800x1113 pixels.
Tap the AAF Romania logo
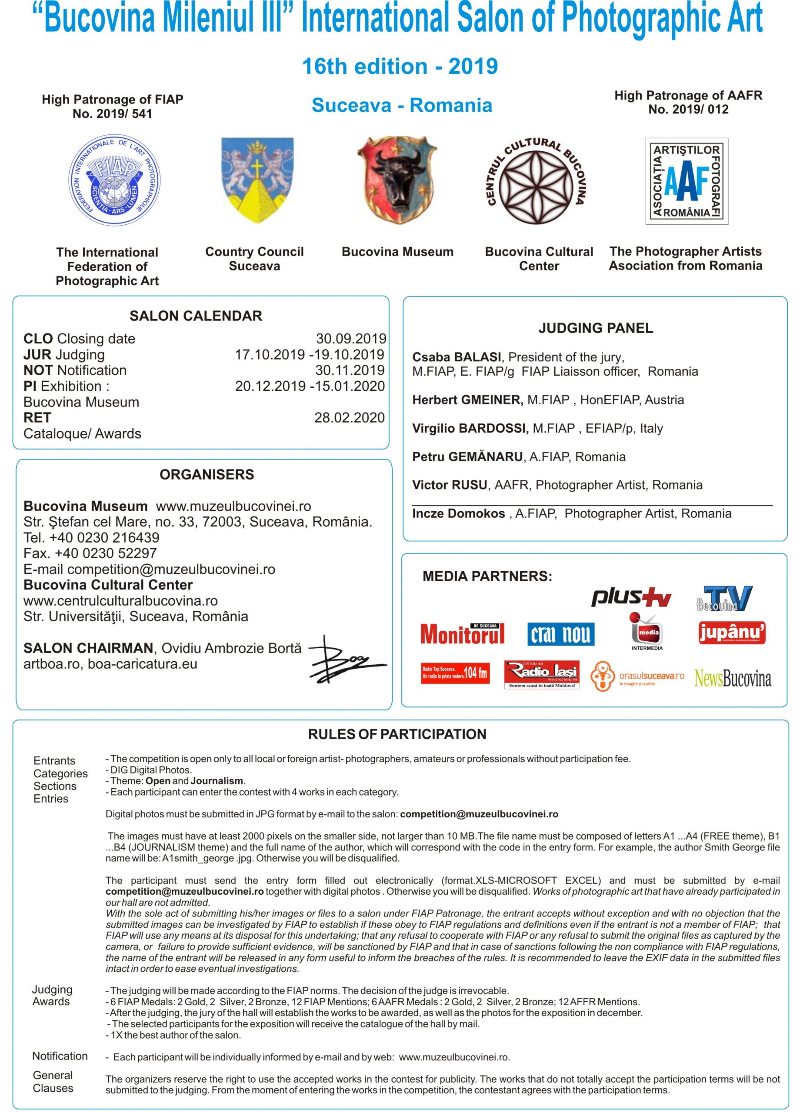click(x=686, y=181)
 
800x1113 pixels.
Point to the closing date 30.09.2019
click(x=351, y=339)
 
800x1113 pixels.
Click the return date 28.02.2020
click(x=350, y=418)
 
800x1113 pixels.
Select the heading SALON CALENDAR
click(x=196, y=316)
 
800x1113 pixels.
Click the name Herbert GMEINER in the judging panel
click(x=467, y=400)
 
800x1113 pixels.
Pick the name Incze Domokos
click(x=458, y=513)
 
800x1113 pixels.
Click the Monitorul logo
click(x=462, y=633)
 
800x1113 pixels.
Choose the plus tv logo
click(x=631, y=597)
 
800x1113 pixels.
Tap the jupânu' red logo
click(x=731, y=633)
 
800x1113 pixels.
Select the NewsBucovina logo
click(x=732, y=678)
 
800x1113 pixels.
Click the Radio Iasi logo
click(x=542, y=674)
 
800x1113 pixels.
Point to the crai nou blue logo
click(x=560, y=634)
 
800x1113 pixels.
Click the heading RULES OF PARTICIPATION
click(x=397, y=734)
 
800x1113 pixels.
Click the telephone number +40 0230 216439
click(x=104, y=537)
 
